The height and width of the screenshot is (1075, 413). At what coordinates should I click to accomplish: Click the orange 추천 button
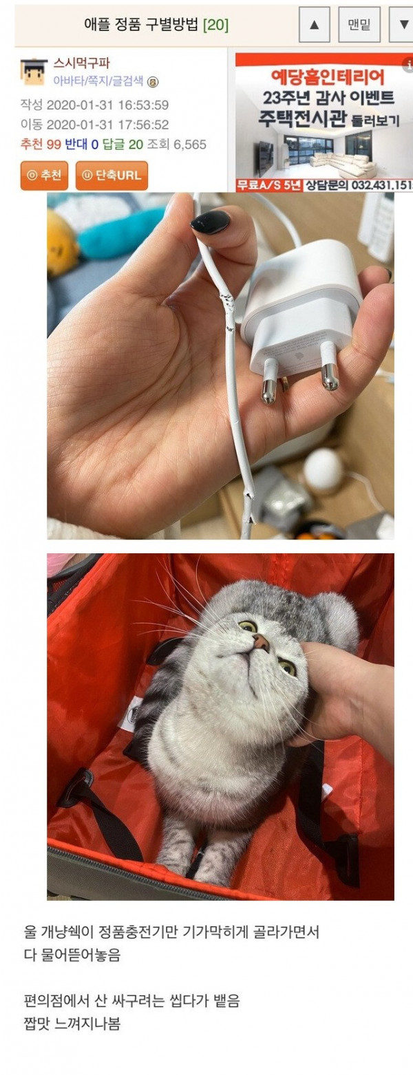coord(44,175)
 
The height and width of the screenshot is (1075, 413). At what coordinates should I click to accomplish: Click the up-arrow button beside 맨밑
coord(314,24)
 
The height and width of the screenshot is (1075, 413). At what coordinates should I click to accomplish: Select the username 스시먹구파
coord(82,63)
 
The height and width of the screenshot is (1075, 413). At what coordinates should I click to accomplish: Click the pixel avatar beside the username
coord(34,72)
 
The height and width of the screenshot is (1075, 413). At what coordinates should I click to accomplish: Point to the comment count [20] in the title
coord(215,25)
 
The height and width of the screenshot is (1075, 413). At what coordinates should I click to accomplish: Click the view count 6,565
coord(190,144)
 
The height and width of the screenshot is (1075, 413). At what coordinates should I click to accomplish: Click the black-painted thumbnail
coord(211,222)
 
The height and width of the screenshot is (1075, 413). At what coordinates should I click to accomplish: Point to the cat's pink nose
coord(262,641)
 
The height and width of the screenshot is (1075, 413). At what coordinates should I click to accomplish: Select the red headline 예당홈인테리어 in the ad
coord(328,77)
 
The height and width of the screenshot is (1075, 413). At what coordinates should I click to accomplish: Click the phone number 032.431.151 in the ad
coord(382,184)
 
